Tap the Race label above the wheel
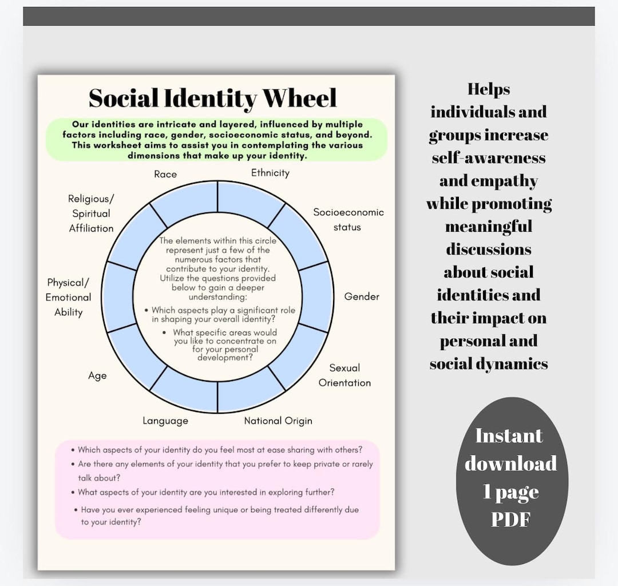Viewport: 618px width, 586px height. tap(165, 174)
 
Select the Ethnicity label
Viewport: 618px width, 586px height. tap(270, 173)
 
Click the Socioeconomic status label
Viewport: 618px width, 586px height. tap(348, 219)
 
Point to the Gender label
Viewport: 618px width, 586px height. tap(362, 296)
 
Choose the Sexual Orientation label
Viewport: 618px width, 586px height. tap(344, 375)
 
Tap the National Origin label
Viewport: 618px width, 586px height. tap(278, 421)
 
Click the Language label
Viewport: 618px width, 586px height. tap(165, 421)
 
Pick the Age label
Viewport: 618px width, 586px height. tap(97, 376)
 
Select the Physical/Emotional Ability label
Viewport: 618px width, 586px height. tap(69, 297)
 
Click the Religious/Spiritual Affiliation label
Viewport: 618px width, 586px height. tap(92, 213)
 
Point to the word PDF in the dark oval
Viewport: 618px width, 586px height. tap(510, 519)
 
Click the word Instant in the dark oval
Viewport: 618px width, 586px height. tap(509, 436)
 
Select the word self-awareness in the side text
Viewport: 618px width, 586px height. tap(489, 158)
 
